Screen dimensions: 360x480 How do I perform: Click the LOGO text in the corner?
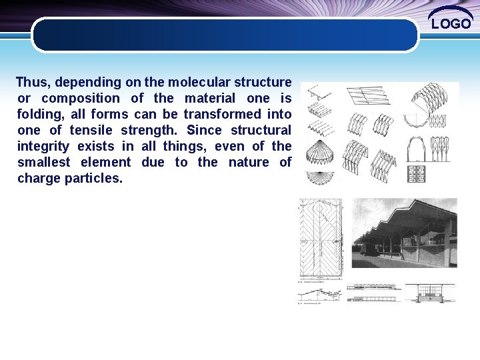click(x=451, y=24)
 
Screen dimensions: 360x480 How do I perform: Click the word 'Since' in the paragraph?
click(x=205, y=131)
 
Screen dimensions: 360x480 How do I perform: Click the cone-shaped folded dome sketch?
click(x=319, y=153)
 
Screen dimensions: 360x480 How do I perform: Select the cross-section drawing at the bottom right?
click(x=431, y=293)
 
